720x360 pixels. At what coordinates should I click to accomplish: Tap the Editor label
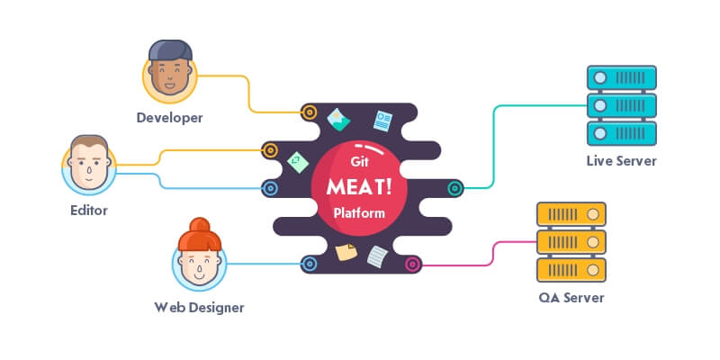point(88,211)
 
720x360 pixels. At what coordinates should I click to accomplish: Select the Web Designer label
point(199,308)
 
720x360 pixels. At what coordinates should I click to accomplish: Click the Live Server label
point(620,161)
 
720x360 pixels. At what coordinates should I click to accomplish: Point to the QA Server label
point(571,297)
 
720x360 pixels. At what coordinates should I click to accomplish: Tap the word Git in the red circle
point(359,162)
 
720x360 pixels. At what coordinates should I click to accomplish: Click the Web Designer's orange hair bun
point(199,226)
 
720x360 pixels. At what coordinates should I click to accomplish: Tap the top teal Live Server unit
point(620,77)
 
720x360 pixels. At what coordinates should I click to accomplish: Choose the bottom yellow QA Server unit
point(571,268)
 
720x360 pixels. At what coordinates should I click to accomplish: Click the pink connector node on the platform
point(412,265)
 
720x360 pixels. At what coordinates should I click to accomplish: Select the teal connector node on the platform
point(455,188)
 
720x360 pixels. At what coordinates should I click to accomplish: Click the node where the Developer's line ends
point(309,112)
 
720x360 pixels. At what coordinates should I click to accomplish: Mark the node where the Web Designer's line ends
point(309,264)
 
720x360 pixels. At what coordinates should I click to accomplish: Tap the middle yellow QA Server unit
point(571,241)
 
